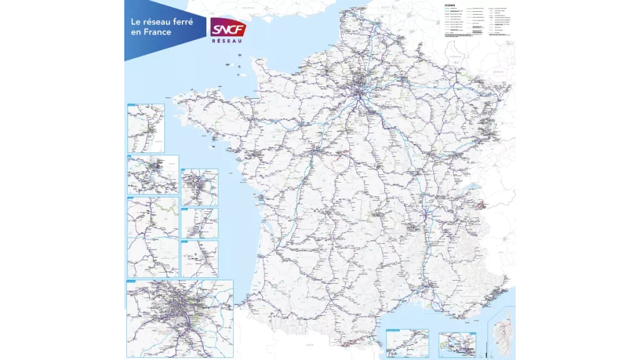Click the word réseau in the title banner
pyautogui.click(x=159, y=21)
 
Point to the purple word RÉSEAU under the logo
pyautogui.click(x=228, y=39)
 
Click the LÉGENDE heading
pyautogui.click(x=451, y=6)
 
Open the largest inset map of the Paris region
pyautogui.click(x=179, y=319)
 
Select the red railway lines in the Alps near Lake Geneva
pyautogui.click(x=481, y=204)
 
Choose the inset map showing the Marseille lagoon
pyautogui.click(x=457, y=344)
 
